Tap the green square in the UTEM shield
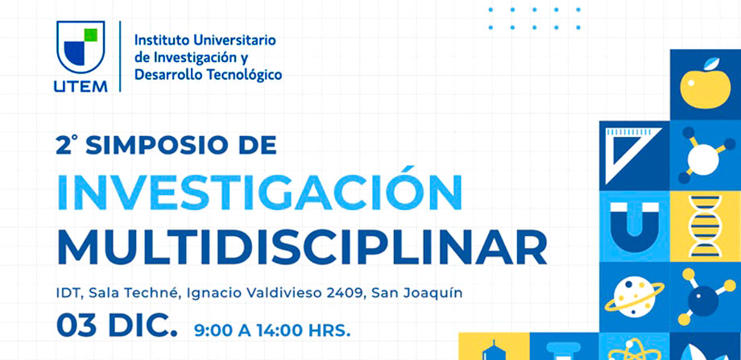(x=91, y=35)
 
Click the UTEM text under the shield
(x=81, y=85)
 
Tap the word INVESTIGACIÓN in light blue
(x=259, y=192)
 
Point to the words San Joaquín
(x=417, y=293)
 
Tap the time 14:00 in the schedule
(x=275, y=330)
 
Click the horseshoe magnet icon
(x=634, y=223)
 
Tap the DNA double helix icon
(x=705, y=226)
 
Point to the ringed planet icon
(x=634, y=296)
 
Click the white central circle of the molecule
(x=702, y=159)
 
